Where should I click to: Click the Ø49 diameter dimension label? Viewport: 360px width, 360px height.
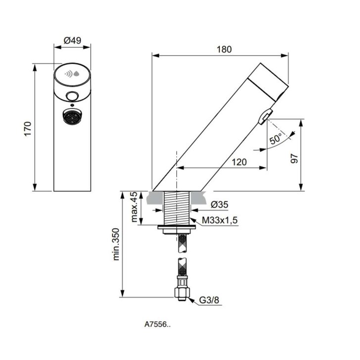pos(72,41)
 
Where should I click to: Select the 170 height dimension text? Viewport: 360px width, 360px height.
pos(28,129)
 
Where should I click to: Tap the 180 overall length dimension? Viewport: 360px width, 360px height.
pos(224,50)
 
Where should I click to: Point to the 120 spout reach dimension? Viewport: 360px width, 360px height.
pos(239,162)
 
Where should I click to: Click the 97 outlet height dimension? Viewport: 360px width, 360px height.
pos(294,158)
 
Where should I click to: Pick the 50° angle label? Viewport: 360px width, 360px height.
pos(275,139)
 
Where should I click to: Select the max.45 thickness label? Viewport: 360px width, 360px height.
pos(134,207)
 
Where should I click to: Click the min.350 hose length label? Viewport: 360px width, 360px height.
pos(116,244)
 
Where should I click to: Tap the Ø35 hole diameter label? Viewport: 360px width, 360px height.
pos(219,205)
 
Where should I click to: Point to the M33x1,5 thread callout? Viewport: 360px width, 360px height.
pos(220,220)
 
